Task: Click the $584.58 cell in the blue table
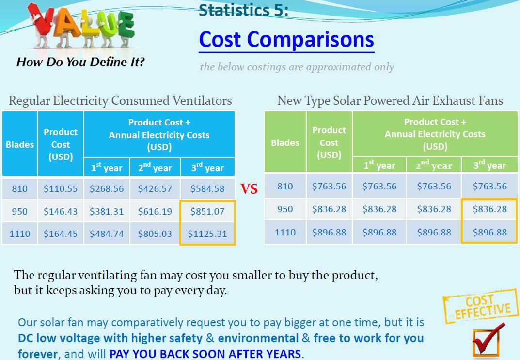[207, 188]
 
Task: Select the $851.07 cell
[207, 211]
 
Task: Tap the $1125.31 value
[207, 234]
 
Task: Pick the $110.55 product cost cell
[61, 188]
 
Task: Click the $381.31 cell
[107, 211]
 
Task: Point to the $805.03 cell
[155, 234]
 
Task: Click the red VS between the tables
[249, 188]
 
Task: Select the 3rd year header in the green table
[489, 165]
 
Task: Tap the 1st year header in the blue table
[107, 168]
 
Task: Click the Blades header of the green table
[285, 142]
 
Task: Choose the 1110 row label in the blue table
[20, 234]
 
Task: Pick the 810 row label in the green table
[285, 186]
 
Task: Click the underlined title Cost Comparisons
[286, 40]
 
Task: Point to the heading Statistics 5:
[243, 10]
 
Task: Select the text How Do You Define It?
[80, 62]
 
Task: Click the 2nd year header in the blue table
[155, 168]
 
